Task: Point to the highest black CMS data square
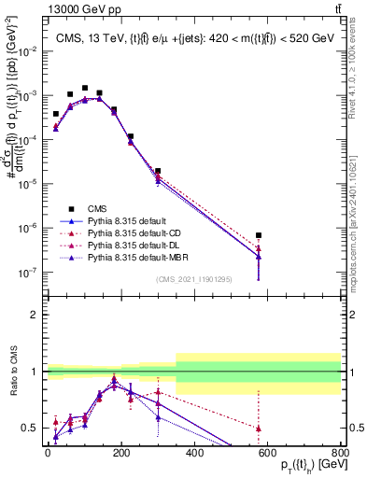[85, 88]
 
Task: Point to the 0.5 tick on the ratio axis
[33, 428]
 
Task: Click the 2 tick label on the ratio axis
[35, 315]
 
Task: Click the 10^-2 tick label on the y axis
[27, 51]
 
